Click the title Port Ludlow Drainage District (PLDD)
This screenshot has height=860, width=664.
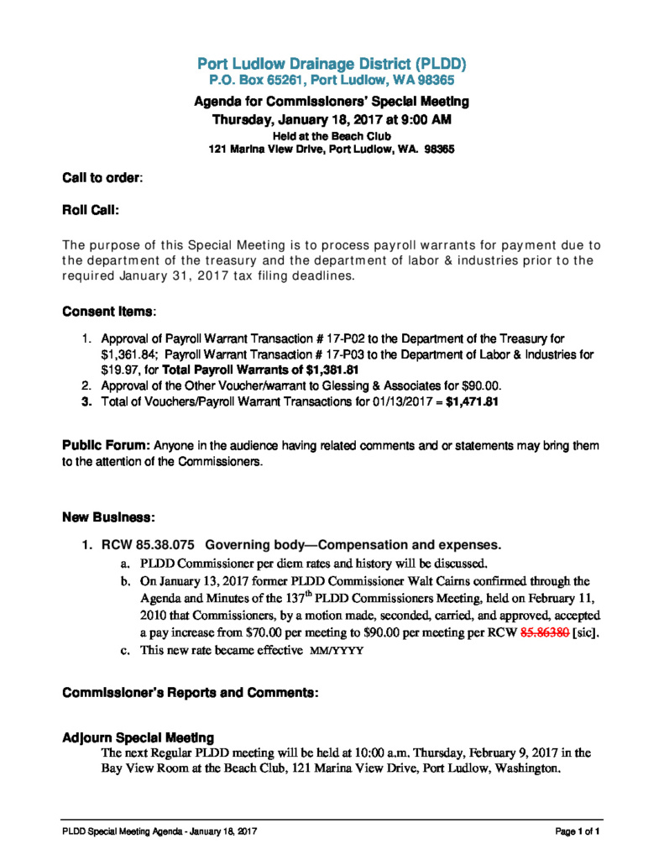tap(332, 64)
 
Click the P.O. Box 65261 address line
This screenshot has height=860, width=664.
tap(332, 81)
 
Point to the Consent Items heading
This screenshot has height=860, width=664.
tap(108, 312)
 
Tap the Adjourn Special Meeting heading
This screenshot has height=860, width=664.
tap(139, 737)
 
